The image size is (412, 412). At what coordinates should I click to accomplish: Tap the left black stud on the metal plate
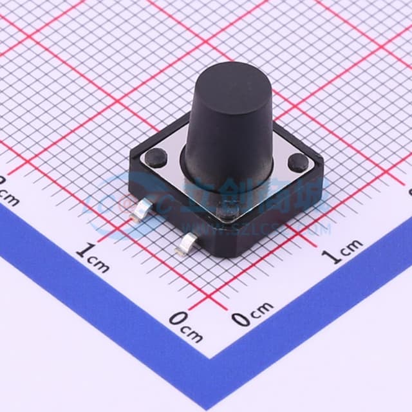point(156,156)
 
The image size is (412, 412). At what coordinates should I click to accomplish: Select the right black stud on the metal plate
point(297,162)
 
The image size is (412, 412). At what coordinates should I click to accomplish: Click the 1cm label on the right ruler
point(343,252)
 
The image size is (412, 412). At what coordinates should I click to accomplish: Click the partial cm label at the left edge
point(8,193)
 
